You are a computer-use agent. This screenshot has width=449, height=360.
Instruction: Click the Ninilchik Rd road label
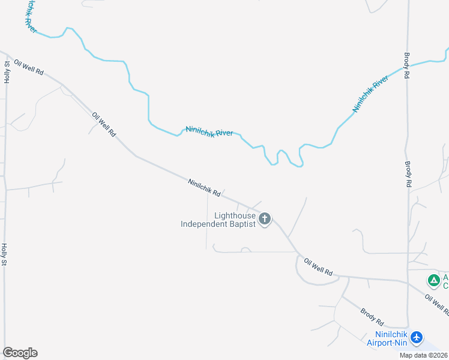pos(204,188)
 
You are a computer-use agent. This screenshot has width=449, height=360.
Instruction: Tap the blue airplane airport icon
pos(418,338)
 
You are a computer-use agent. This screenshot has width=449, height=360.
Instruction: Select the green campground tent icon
pos(433,280)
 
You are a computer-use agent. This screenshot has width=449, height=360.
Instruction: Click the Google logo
pos(20,353)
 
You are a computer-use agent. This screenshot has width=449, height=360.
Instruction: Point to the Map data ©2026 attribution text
pos(424,355)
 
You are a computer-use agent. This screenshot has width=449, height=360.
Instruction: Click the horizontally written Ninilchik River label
pos(209,131)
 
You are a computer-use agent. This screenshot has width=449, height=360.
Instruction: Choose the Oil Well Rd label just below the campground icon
pos(438,305)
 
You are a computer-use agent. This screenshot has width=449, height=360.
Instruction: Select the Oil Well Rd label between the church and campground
pos(318,267)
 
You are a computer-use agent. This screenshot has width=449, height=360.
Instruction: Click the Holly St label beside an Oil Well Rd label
pos(7,71)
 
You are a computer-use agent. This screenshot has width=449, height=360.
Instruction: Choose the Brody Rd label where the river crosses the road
pos(407,66)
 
